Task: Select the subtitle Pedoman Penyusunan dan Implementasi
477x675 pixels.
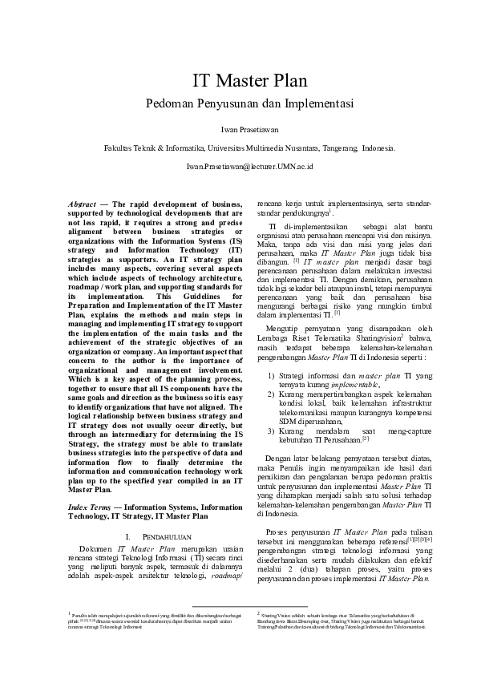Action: tap(238, 104)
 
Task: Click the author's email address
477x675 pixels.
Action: tap(238, 167)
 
